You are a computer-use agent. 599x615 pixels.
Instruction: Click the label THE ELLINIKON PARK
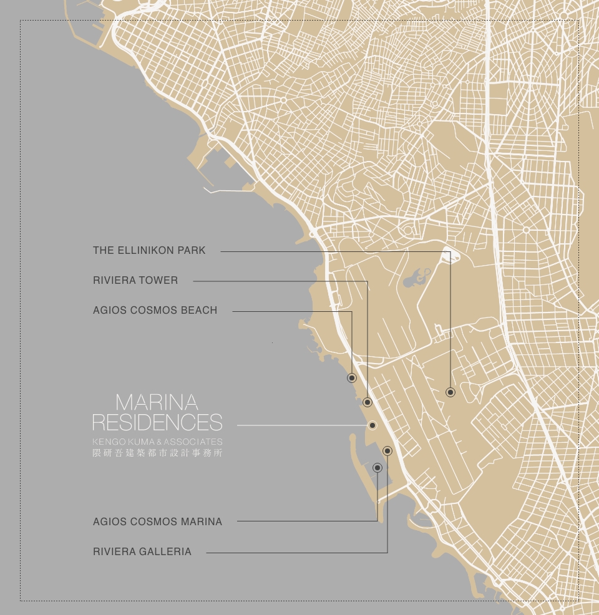149,251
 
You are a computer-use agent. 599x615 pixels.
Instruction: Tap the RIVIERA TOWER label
135,281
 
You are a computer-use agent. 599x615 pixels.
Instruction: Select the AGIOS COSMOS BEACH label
155,311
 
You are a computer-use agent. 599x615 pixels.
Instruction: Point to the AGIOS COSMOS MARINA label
157,521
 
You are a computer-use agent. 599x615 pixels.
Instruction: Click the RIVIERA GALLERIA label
142,552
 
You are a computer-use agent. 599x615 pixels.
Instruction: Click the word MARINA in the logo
157,402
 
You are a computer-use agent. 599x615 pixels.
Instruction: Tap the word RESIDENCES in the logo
157,422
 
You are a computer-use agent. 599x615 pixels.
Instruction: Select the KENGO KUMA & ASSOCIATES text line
157,442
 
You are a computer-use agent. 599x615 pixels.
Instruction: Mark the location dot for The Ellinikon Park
450,392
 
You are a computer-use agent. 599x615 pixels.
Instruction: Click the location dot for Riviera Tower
368,402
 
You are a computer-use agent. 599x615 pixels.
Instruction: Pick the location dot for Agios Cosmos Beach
352,378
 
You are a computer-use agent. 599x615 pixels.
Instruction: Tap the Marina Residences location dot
373,425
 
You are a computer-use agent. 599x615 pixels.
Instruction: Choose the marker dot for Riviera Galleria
387,450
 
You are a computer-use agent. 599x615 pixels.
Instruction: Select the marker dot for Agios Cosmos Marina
377,468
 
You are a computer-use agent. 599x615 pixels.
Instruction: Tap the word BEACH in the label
199,311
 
